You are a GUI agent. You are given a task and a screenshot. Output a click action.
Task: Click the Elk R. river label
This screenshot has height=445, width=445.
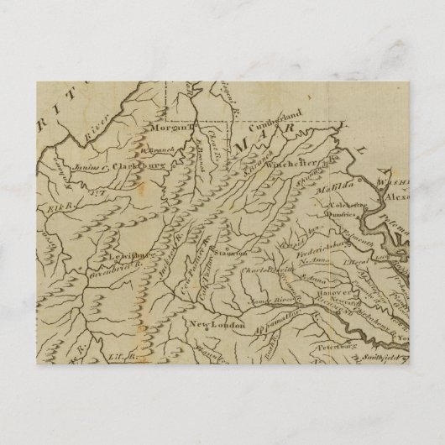click(x=65, y=201)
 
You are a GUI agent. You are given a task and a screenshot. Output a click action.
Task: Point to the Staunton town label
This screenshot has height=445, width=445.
click(x=233, y=253)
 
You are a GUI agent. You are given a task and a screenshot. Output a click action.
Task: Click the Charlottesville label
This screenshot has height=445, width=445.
click(x=266, y=271)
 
